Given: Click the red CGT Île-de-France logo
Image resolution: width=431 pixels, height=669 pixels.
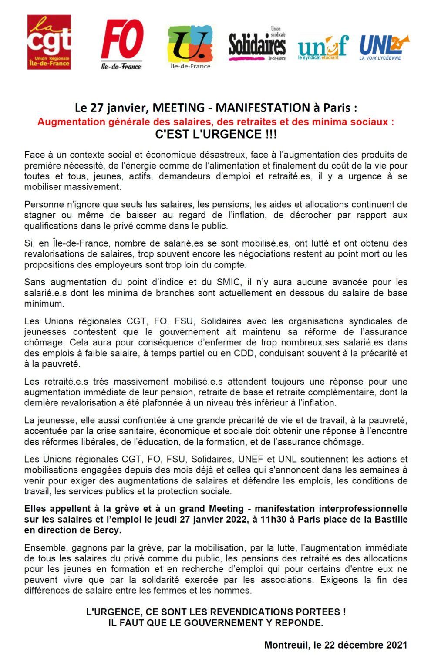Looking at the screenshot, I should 49,42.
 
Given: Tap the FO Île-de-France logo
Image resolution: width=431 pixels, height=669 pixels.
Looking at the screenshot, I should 122,44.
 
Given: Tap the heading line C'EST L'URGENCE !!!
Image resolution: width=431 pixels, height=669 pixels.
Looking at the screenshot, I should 216,134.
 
